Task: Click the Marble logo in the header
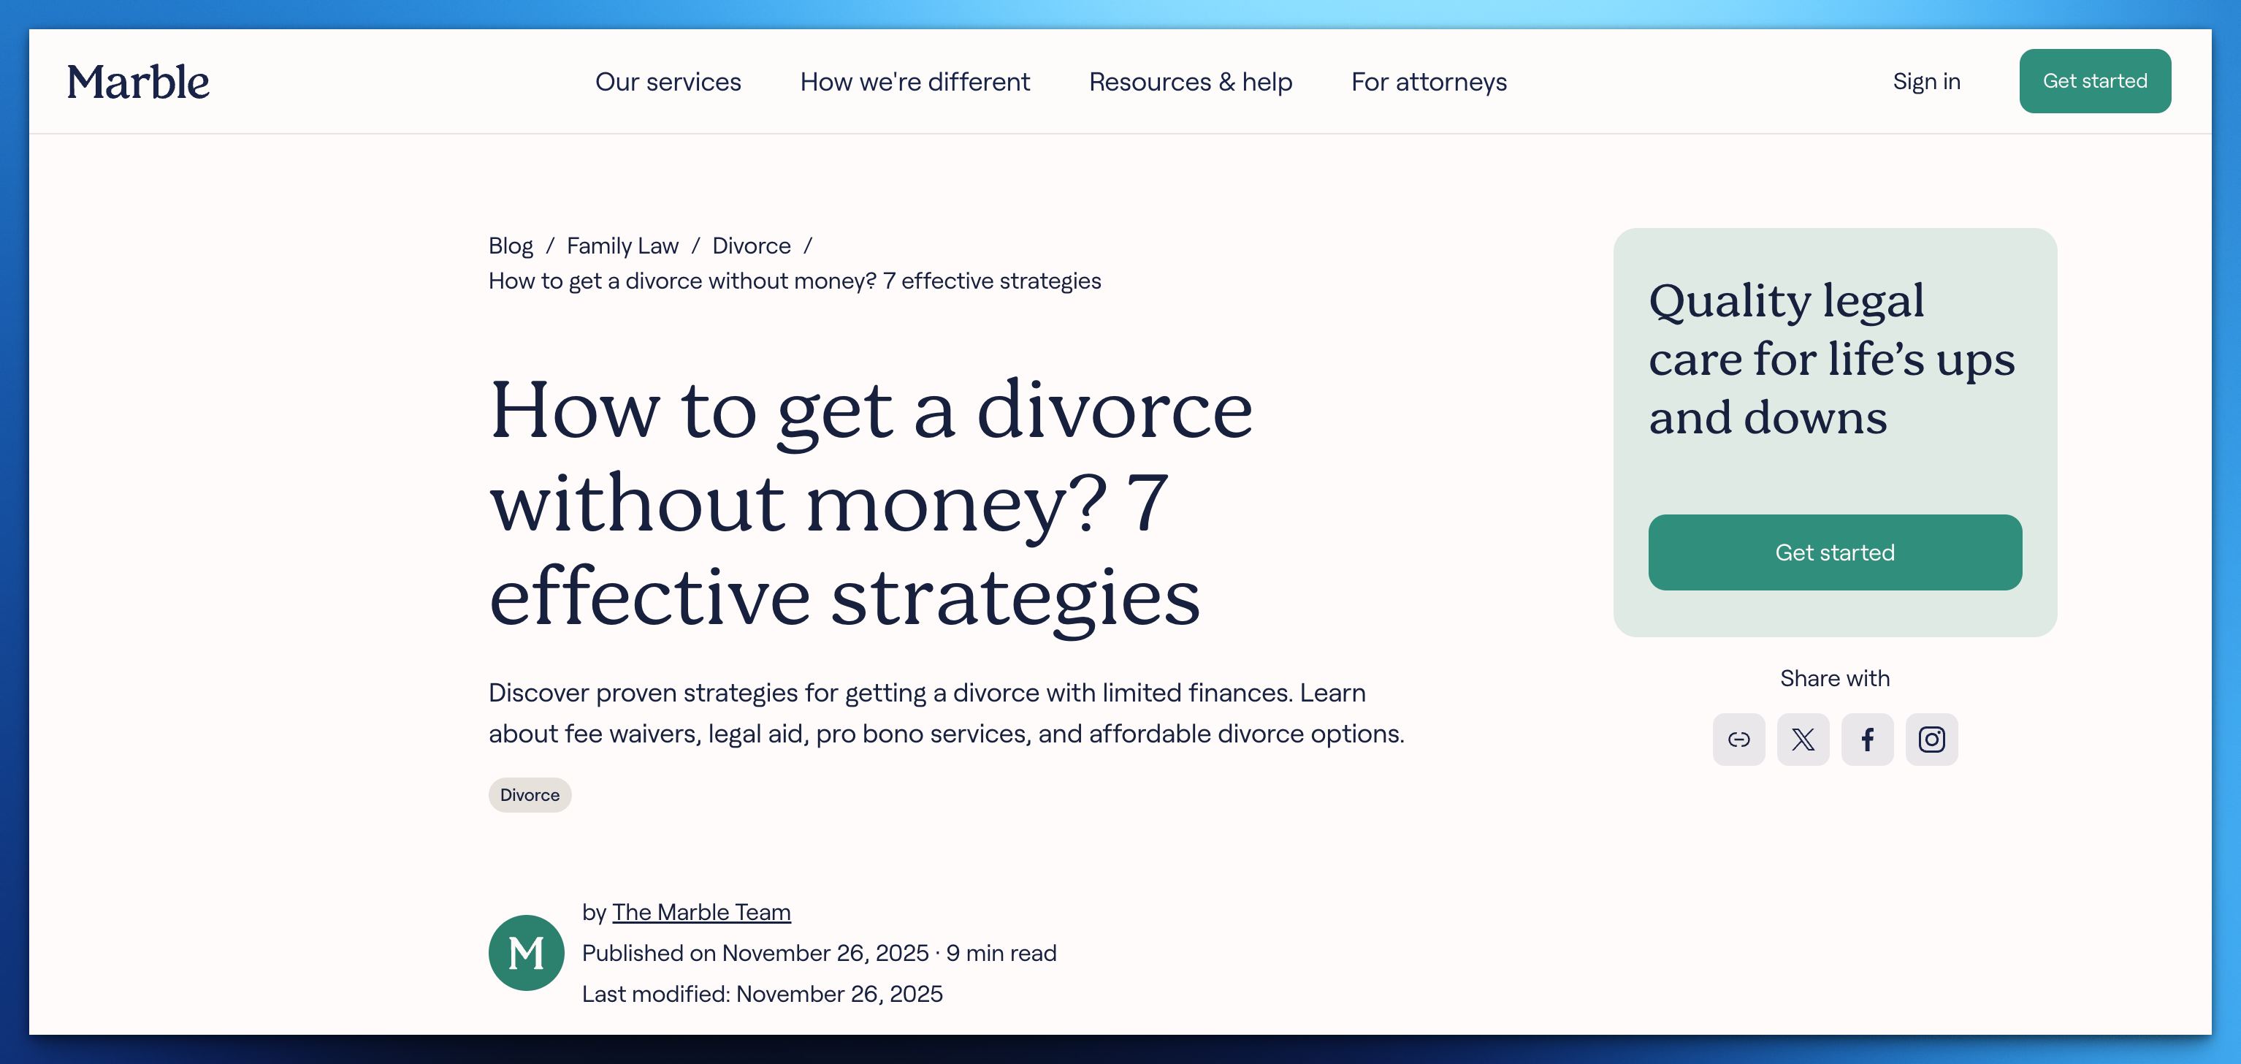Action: [x=138, y=82]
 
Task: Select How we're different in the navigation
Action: [x=915, y=82]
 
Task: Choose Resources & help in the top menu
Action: [x=1190, y=82]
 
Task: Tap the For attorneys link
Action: [x=1429, y=82]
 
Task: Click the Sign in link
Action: [x=1926, y=81]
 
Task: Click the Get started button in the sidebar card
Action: [x=1834, y=552]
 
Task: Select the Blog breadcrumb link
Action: [x=511, y=246]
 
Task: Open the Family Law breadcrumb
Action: [x=622, y=246]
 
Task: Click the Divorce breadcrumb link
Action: [x=751, y=246]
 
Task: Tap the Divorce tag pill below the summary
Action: [x=529, y=795]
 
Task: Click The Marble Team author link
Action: [x=701, y=912]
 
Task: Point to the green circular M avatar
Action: [x=527, y=953]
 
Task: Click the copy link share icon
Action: [x=1738, y=740]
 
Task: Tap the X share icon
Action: [x=1803, y=740]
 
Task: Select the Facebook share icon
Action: [x=1867, y=740]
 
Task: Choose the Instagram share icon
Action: [x=1931, y=740]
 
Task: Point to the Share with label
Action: [x=1834, y=679]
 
